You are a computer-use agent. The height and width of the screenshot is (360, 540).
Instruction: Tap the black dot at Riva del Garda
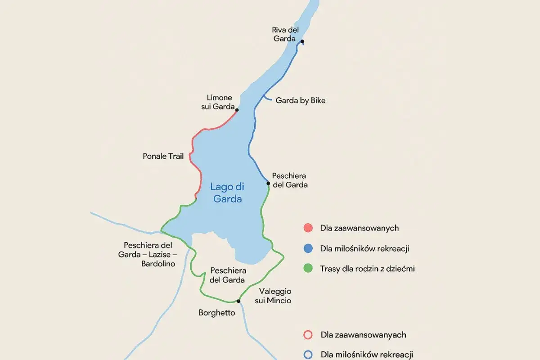tap(302, 42)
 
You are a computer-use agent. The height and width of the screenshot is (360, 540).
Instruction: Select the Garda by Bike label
tap(300, 100)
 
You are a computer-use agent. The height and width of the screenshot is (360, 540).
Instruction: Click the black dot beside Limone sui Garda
tap(237, 110)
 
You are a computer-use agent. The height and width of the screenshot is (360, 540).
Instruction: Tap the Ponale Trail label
tap(163, 156)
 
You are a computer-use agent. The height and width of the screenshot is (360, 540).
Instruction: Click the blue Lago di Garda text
tap(227, 193)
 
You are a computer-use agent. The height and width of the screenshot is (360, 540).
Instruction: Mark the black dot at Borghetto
tap(238, 301)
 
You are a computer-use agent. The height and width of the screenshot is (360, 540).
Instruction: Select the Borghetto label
tap(217, 312)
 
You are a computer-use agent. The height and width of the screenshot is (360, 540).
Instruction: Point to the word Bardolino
tap(158, 264)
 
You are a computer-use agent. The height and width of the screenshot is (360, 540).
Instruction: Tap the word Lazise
tap(153, 255)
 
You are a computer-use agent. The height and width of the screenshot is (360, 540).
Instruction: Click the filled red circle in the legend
tap(308, 228)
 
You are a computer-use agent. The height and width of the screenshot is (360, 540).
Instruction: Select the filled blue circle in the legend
tap(308, 248)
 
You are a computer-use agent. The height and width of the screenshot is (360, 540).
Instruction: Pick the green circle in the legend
tap(308, 268)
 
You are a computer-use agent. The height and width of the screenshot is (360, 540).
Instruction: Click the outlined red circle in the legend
tap(308, 335)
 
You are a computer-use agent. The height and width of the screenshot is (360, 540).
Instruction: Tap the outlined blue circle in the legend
tap(308, 355)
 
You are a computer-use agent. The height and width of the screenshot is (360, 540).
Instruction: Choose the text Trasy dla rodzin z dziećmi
tap(367, 269)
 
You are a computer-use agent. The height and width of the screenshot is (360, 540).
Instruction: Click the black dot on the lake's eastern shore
tap(268, 183)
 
